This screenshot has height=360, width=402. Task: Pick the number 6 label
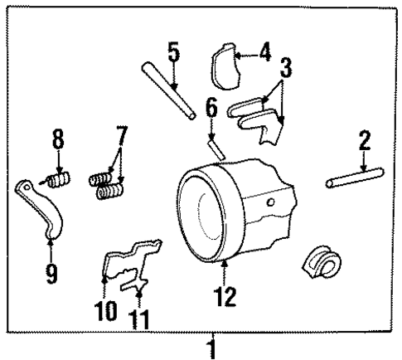click(211, 108)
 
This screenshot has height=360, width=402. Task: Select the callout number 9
click(51, 272)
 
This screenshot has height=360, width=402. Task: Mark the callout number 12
click(225, 295)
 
